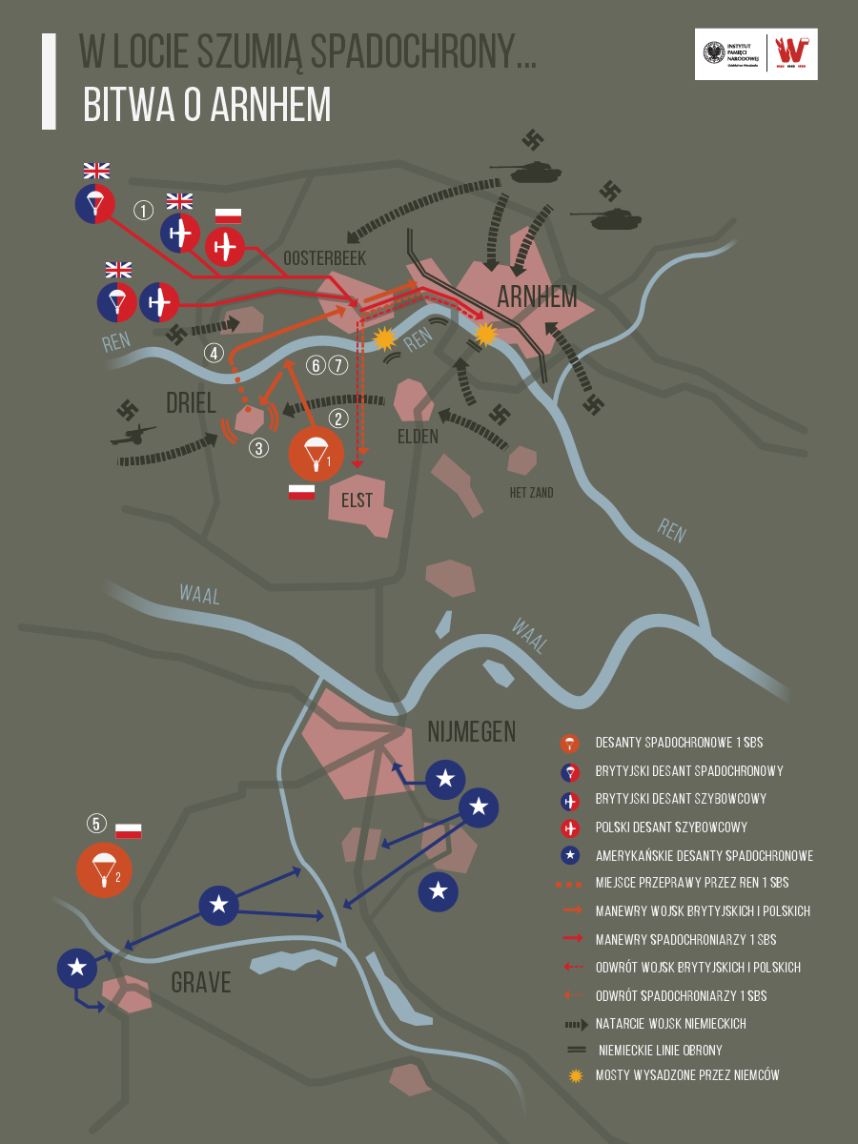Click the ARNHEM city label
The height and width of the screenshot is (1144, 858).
[537, 296]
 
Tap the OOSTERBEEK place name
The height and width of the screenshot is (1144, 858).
[324, 258]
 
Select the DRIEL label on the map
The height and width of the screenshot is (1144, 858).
[191, 403]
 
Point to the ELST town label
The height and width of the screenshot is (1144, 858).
[357, 500]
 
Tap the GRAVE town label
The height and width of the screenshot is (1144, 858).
[201, 982]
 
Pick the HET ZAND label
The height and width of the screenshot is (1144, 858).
[530, 493]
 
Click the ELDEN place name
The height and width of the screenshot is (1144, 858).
[418, 437]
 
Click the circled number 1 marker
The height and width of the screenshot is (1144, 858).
[144, 211]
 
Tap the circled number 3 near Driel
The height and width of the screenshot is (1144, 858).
[259, 448]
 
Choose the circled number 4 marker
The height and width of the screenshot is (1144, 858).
[214, 354]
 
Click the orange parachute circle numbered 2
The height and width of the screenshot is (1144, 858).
[105, 869]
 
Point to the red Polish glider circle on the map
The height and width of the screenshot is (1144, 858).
[226, 246]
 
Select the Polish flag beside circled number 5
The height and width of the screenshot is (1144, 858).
[129, 830]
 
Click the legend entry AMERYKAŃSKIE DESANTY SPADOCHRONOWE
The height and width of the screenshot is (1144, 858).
[704, 855]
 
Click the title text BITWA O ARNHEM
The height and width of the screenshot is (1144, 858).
[207, 106]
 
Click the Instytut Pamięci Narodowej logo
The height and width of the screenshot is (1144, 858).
[729, 54]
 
